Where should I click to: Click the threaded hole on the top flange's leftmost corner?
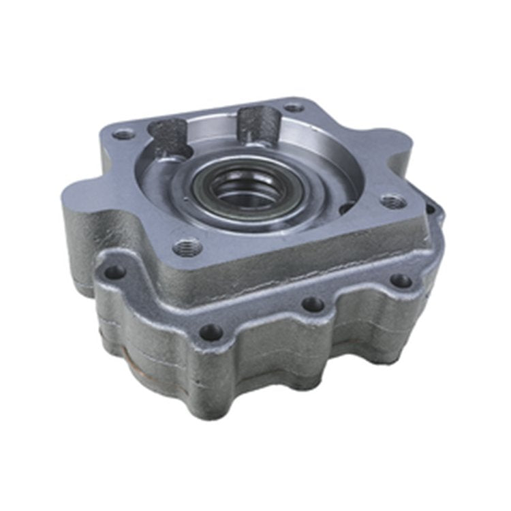click(123, 134)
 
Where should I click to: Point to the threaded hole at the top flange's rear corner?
click(294, 107)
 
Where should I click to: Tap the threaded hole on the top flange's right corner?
click(393, 202)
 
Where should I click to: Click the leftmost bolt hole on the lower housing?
click(114, 273)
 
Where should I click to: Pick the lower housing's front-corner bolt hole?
click(211, 332)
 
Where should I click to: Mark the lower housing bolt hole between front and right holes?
click(312, 304)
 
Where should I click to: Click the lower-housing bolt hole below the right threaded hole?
click(401, 280)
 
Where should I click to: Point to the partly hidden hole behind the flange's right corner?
click(431, 202)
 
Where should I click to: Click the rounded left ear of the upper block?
click(78, 204)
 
